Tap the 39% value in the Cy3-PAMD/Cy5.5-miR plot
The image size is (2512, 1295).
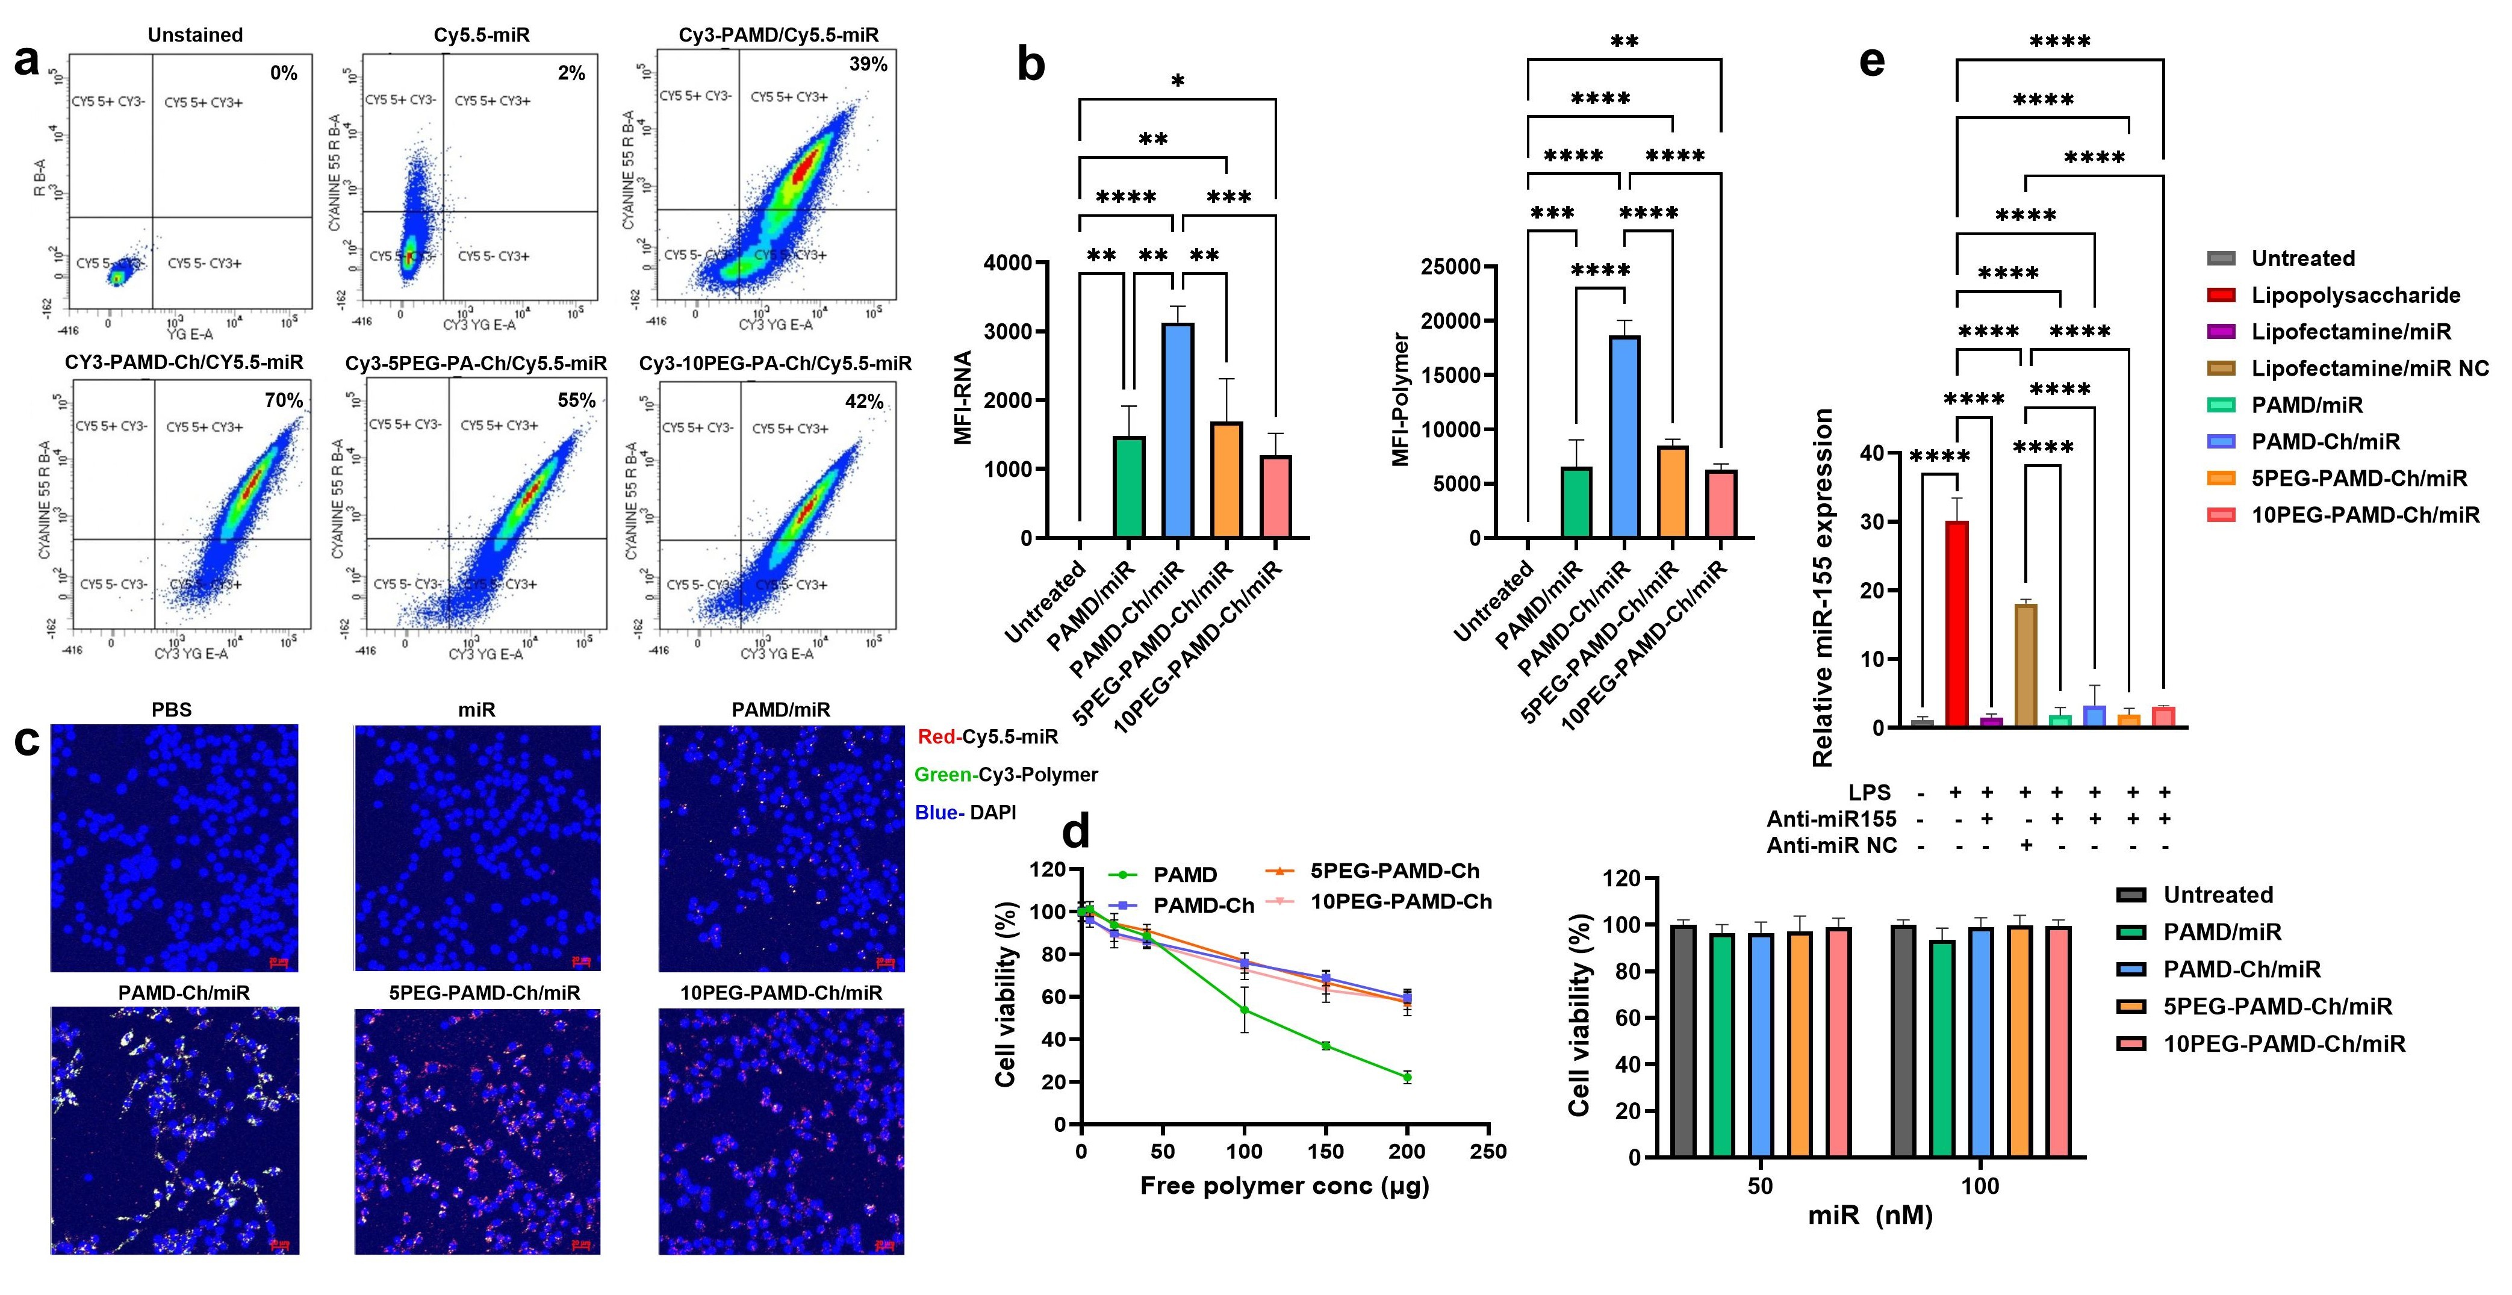pos(868,64)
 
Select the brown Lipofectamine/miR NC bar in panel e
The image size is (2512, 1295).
pos(2025,665)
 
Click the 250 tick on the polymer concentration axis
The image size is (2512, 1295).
pos(1488,1152)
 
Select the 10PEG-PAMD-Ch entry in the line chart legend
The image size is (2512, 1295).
pos(1399,902)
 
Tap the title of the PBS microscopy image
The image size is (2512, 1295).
pos(172,710)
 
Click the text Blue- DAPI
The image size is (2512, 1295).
pos(965,812)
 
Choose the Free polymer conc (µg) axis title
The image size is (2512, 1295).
pos(1284,1186)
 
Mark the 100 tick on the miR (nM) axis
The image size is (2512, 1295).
pos(1980,1186)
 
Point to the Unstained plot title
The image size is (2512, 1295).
pos(195,35)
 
